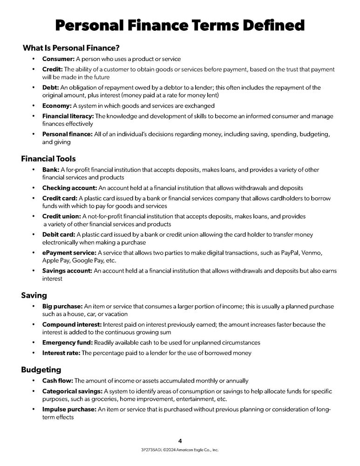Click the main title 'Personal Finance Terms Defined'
point(180,25)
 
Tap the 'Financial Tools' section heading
point(48,159)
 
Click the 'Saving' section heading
point(34,295)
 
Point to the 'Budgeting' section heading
point(41,370)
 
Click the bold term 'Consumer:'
point(58,59)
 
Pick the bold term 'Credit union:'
point(61,216)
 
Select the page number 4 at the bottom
point(180,440)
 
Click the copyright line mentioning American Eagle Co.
point(180,450)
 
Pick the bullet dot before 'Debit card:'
point(33,234)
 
